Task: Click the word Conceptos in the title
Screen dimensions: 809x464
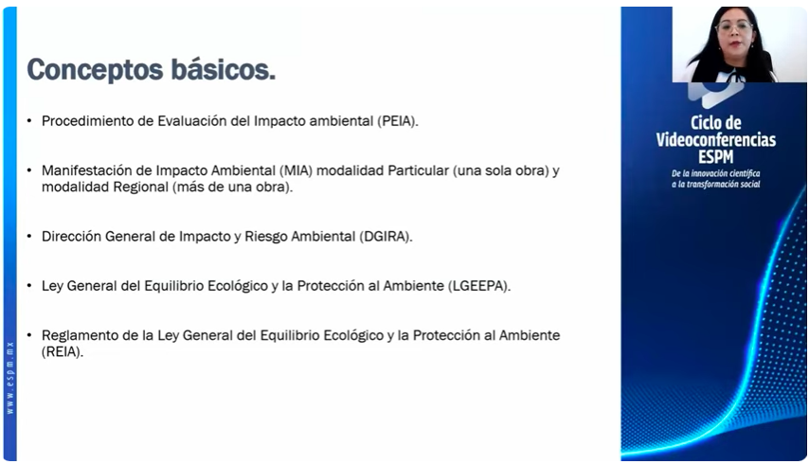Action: click(96, 70)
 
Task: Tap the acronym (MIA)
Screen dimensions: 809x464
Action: click(297, 170)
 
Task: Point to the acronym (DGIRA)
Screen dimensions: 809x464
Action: click(386, 237)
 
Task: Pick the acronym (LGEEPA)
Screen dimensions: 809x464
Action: click(478, 286)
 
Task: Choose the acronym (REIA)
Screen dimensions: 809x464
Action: click(63, 352)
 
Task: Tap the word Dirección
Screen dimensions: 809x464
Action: click(72, 237)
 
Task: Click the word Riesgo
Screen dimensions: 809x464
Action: click(266, 237)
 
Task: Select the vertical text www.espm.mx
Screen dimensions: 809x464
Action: click(9, 378)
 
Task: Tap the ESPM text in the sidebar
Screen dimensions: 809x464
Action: click(715, 157)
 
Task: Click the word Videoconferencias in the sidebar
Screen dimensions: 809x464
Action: click(716, 140)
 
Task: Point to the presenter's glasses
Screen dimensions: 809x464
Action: click(734, 27)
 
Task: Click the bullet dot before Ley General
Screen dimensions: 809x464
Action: click(29, 286)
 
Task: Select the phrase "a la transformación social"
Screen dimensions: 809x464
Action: click(716, 184)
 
